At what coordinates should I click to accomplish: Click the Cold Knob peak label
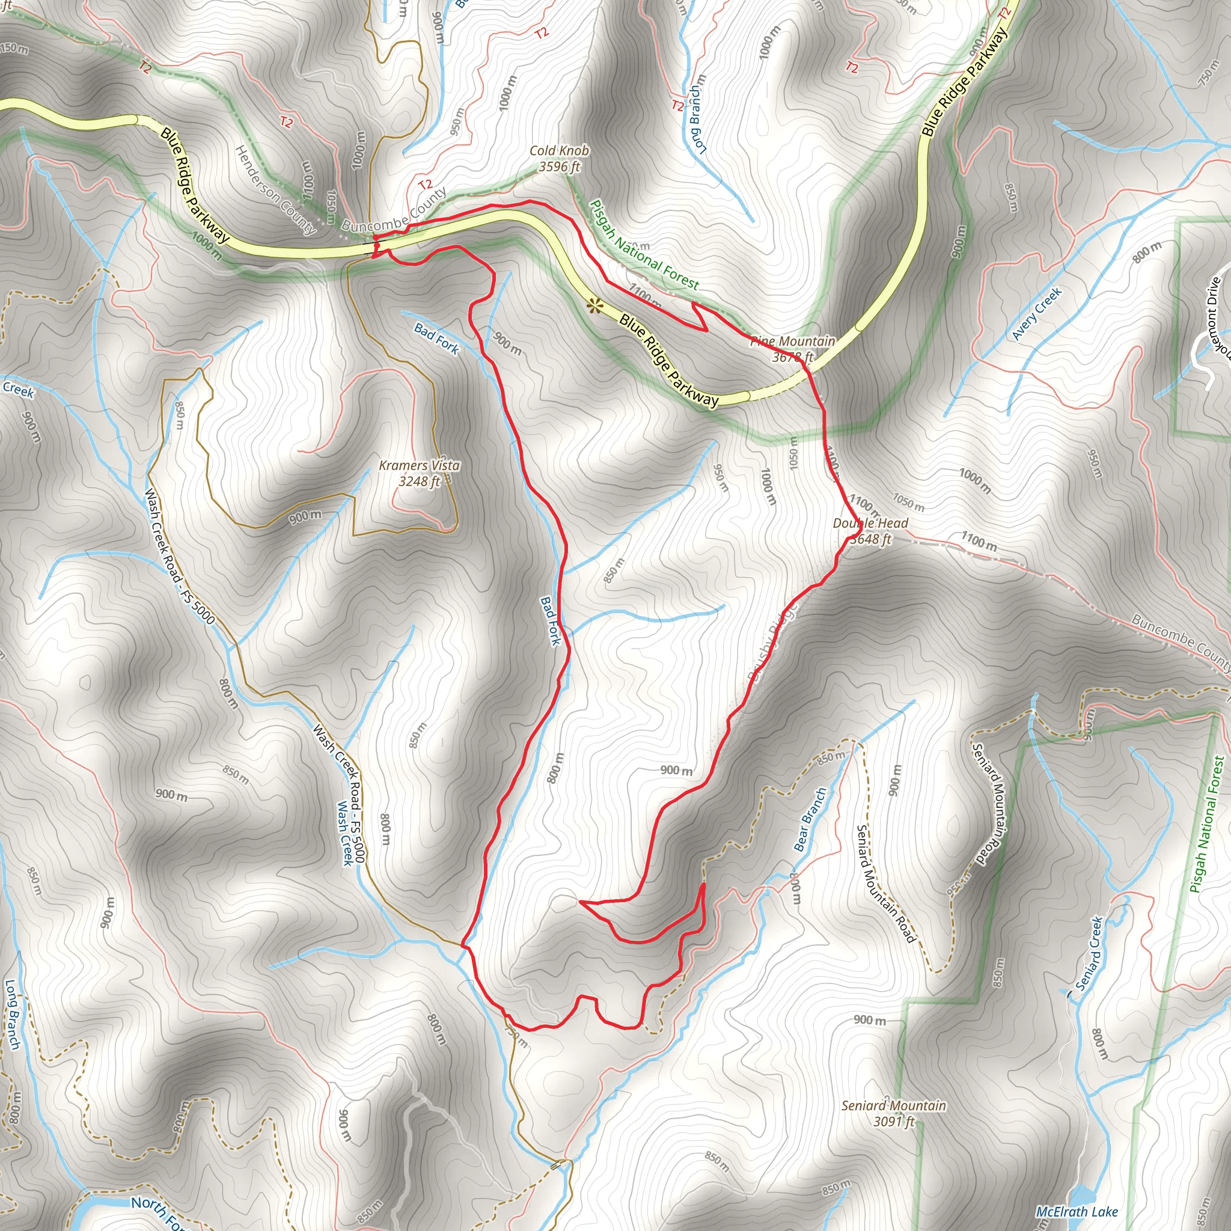560,151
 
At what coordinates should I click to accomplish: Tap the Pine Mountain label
792,341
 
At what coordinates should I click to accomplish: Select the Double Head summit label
870,523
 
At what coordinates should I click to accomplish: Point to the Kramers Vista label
420,466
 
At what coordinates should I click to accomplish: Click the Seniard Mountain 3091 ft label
893,1113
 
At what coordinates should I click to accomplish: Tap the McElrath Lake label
1077,1212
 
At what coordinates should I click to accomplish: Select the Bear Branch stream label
810,819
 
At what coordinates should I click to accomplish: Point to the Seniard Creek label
1089,954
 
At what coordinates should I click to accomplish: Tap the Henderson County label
275,189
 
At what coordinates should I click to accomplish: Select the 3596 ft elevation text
560,167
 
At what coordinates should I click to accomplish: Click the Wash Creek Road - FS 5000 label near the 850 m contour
179,555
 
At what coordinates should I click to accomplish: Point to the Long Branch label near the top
698,115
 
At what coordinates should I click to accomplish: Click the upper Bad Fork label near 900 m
436,338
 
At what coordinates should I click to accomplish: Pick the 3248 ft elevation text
420,481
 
